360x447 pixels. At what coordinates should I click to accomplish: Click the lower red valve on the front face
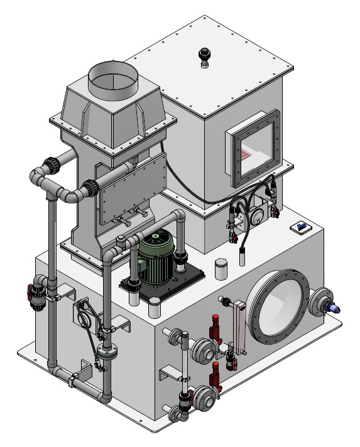pyautogui.click(x=216, y=375)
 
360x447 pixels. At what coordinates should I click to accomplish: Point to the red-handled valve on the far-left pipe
pyautogui.click(x=31, y=293)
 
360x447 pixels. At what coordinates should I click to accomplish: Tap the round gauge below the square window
pyautogui.click(x=256, y=213)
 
